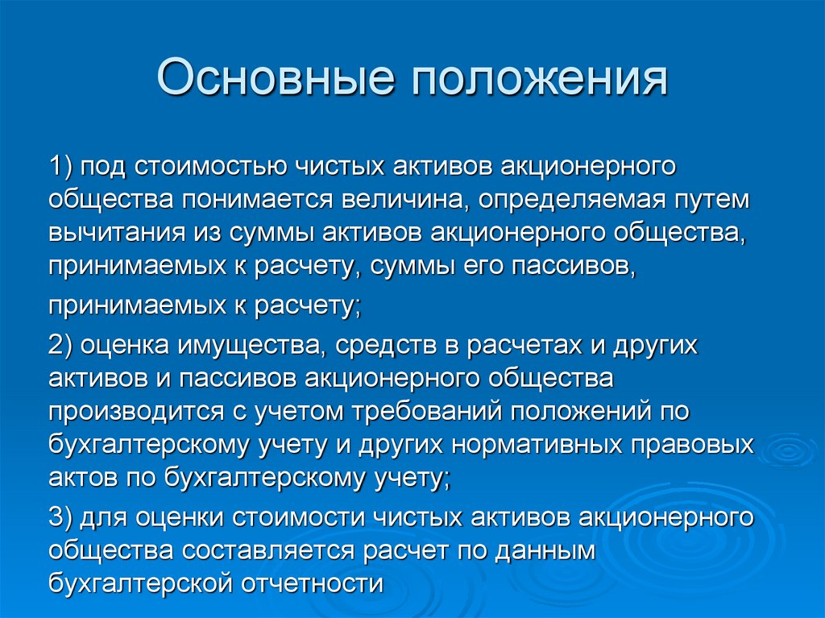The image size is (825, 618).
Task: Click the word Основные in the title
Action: [275, 81]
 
